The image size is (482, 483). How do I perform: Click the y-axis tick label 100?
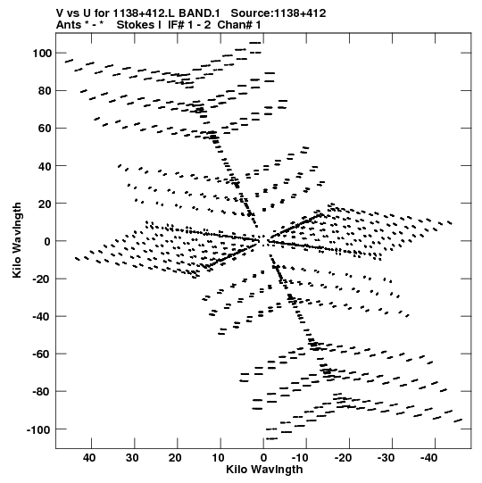42,54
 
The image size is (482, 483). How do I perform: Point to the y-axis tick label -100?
38,429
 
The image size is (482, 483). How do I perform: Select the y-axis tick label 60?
45,129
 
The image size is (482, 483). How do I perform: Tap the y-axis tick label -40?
42,317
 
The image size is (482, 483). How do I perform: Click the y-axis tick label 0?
47,242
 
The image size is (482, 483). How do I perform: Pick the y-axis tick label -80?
42,392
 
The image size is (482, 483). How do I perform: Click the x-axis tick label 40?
89,458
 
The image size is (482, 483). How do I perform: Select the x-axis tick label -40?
429,458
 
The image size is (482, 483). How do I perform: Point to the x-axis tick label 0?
263,458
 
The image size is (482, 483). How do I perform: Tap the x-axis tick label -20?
343,458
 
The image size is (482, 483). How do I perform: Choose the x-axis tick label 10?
218,458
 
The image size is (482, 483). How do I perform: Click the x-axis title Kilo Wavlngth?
264,470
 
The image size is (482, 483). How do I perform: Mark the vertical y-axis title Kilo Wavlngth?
17,240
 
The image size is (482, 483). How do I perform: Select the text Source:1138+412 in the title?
278,13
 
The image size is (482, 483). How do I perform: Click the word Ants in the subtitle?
69,25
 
